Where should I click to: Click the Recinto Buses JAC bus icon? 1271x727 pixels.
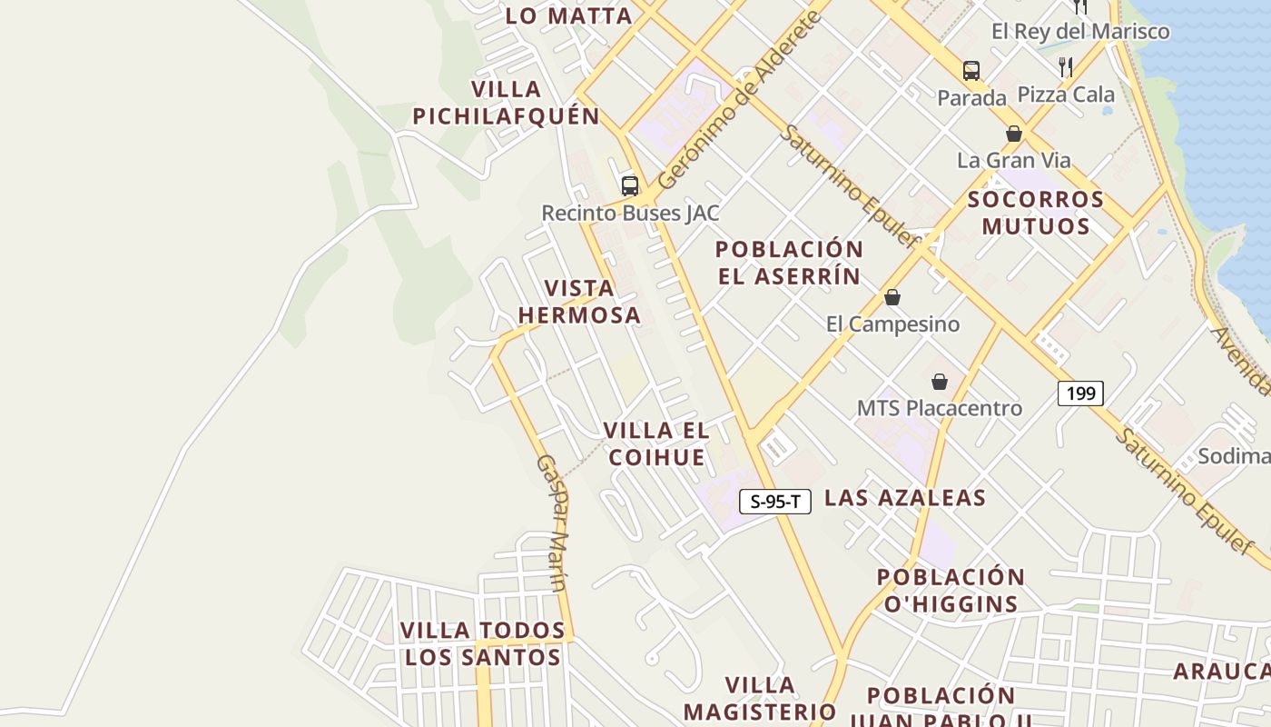pos(630,185)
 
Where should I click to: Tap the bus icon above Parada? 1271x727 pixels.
pos(971,70)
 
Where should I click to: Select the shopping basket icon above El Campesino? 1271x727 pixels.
pos(892,297)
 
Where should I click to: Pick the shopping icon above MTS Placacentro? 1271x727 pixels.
pos(940,382)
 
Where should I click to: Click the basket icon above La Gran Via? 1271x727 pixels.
pos(1014,134)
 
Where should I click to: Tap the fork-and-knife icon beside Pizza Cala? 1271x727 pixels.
pos(1066,66)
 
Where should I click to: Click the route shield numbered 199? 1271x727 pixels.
pos(1080,393)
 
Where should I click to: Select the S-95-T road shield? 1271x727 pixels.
pos(774,501)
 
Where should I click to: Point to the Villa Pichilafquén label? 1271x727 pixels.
pos(507,103)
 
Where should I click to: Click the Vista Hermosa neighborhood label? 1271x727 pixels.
pos(579,302)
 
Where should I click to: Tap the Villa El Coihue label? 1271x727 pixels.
pos(656,443)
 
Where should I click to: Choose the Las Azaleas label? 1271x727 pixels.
pos(904,498)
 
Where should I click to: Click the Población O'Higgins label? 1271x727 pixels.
pos(951,591)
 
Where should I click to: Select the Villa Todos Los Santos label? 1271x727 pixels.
pos(483,643)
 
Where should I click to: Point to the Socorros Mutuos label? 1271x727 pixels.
pos(1036,213)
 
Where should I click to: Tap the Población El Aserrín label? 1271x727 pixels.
pos(789,263)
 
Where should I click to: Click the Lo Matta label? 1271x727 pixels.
pos(568,15)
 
